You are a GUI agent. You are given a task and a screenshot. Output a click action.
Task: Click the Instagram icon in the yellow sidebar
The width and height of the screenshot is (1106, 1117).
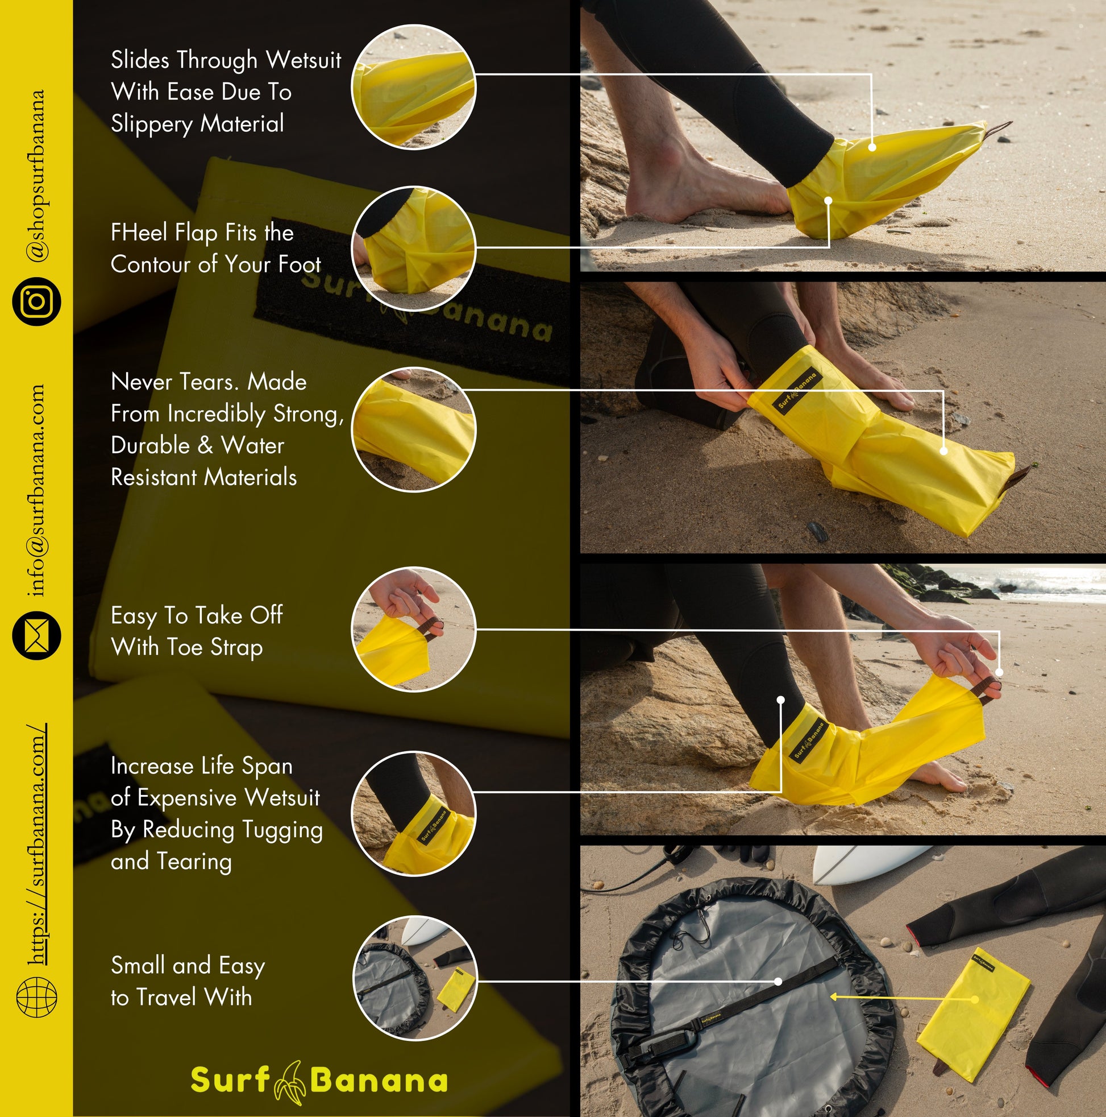[x=36, y=301]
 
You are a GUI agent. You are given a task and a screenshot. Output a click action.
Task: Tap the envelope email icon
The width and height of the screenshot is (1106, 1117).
[x=36, y=635]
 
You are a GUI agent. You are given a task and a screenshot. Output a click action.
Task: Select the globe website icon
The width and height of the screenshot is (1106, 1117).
[x=36, y=996]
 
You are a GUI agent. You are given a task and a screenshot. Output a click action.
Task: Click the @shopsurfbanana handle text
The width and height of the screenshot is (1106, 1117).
[x=37, y=175]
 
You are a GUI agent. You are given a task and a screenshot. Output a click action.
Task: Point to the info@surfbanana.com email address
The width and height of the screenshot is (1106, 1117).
[x=37, y=490]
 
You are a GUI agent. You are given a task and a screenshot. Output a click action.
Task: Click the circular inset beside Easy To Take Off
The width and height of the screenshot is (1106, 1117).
[x=414, y=629]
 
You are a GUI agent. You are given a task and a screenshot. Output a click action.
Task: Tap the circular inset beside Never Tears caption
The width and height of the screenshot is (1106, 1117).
[x=414, y=429]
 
